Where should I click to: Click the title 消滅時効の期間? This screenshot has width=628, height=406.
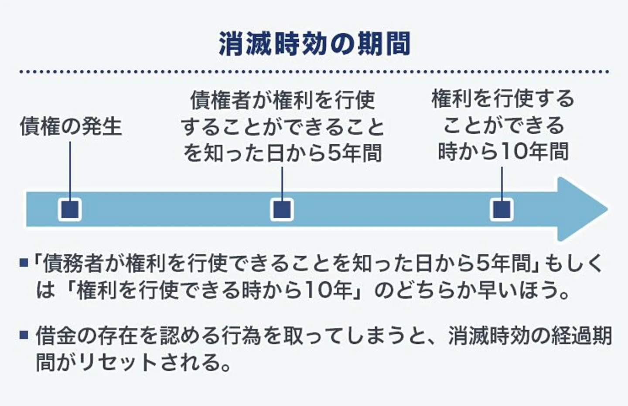[x=314, y=44]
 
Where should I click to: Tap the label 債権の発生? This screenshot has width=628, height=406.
[x=71, y=126]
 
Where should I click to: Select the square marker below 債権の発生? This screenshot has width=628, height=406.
[x=70, y=209]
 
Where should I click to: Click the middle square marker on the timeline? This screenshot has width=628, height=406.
[x=282, y=209]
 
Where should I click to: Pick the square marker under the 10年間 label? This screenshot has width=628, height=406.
[x=502, y=209]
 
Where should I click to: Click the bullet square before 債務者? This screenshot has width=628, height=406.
[x=24, y=263]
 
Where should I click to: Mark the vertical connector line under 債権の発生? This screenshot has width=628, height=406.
[x=70, y=170]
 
